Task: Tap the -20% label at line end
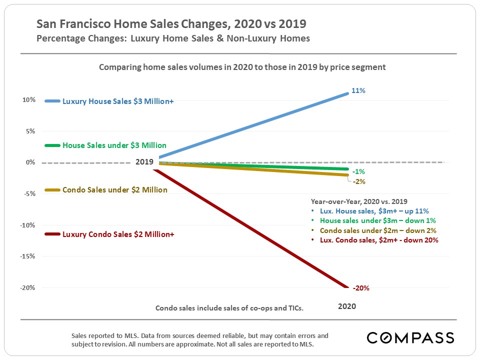point(361,288)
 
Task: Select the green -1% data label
point(358,172)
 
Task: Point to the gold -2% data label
point(359,181)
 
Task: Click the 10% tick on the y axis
point(28,100)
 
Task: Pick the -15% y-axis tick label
point(27,256)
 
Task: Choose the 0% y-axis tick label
point(30,162)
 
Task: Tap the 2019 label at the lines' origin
point(145,162)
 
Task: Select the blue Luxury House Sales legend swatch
point(52,101)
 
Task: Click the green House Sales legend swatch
point(52,145)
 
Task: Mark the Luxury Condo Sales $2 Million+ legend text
point(118,234)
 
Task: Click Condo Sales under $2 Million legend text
point(114,190)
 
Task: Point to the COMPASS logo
point(410,337)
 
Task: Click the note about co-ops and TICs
point(229,308)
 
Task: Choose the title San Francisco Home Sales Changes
point(171,24)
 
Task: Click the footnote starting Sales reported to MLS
point(200,339)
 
